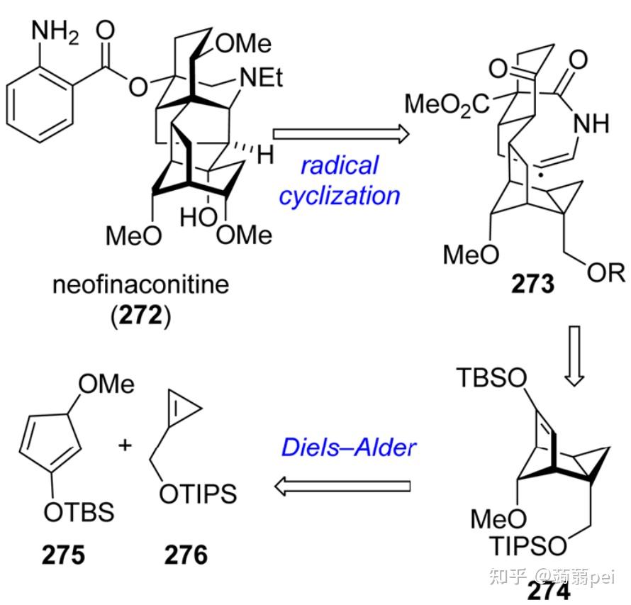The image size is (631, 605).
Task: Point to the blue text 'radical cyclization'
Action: (x=339, y=180)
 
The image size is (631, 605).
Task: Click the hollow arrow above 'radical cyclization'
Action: (x=340, y=133)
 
